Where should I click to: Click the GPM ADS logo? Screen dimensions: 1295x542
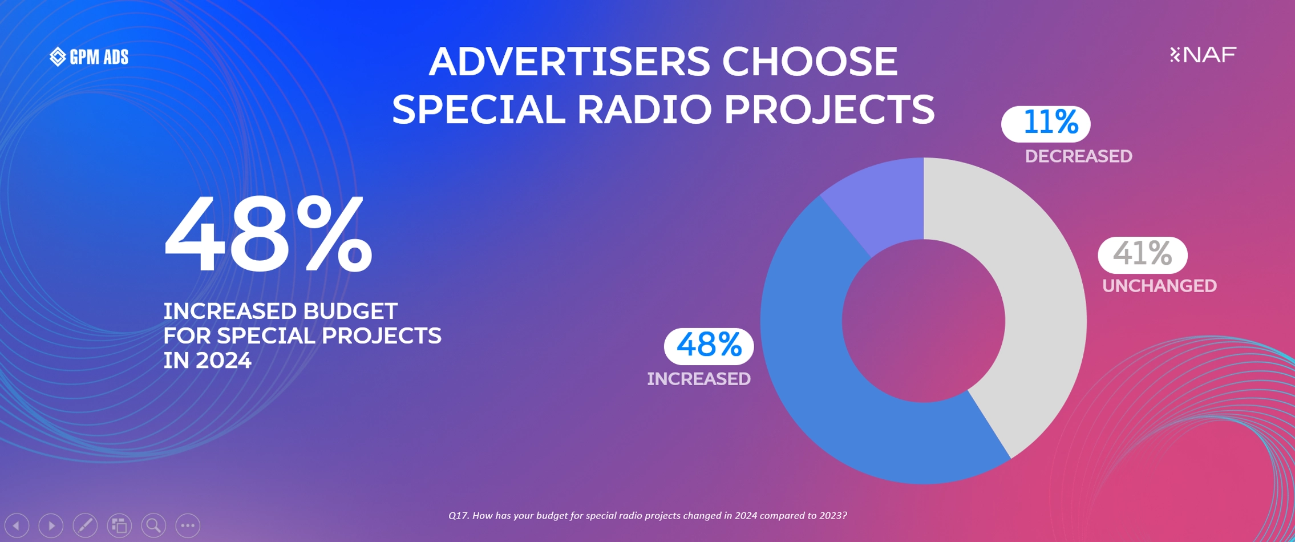[89, 56]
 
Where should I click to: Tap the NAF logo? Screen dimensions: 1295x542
[1203, 55]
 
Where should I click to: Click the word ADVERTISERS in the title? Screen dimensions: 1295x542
[569, 62]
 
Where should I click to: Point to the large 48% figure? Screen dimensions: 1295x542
[268, 234]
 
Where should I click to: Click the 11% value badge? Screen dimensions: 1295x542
[1046, 124]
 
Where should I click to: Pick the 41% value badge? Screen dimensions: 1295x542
[1143, 254]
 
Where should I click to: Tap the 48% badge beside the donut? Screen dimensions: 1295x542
[709, 346]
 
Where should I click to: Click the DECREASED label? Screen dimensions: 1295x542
[1078, 156]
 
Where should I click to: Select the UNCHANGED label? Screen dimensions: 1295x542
[1159, 286]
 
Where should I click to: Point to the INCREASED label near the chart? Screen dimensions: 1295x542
[698, 379]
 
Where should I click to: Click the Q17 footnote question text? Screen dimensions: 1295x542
[647, 516]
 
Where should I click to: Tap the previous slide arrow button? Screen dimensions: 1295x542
[17, 525]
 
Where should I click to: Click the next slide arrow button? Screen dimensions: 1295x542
[51, 525]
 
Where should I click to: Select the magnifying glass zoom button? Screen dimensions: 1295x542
[153, 525]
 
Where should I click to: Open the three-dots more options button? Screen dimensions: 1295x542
[188, 525]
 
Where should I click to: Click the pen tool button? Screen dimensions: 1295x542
[86, 525]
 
